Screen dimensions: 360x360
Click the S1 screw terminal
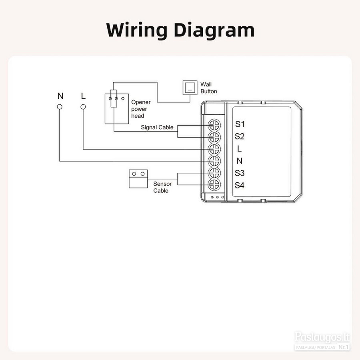point(214,125)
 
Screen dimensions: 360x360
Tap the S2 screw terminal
point(214,137)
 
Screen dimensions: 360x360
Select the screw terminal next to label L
point(214,149)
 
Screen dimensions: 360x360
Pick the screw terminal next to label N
point(214,161)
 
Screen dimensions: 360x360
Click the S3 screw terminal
point(214,173)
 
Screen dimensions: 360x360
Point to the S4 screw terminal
point(214,184)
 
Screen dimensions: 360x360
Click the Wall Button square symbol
point(190,88)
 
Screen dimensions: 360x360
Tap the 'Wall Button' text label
point(208,88)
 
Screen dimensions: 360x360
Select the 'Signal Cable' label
point(157,127)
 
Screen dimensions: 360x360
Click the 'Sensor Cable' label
point(162,187)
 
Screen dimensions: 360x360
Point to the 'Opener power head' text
point(141,109)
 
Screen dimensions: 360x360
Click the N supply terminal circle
point(60,107)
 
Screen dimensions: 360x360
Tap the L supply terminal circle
point(83,107)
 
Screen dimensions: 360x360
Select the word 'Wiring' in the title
point(137,30)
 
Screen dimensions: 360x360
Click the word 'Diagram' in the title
point(214,30)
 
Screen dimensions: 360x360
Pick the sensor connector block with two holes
point(138,179)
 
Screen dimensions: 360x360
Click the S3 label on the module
point(240,173)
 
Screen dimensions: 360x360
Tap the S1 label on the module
point(240,124)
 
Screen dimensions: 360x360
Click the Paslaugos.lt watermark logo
point(322,341)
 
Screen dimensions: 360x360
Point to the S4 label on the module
point(240,185)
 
